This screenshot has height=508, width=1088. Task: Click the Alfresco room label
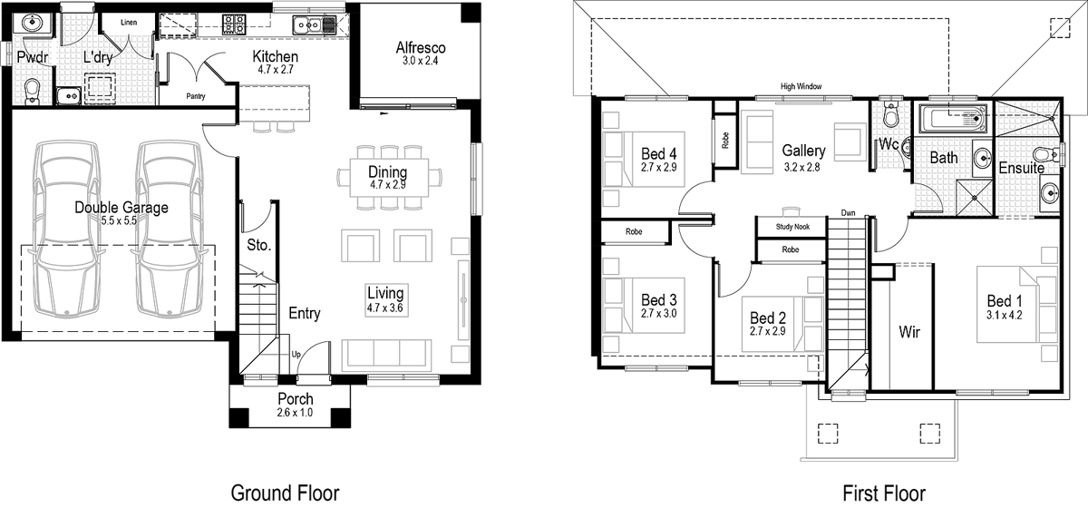point(421,48)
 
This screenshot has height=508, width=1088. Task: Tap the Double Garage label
point(121,208)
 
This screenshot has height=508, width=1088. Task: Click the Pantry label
point(195,95)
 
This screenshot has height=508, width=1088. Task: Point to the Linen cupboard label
point(128,21)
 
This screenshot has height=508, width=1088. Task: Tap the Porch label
point(296,399)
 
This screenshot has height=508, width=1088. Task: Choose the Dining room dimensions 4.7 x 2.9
point(387,185)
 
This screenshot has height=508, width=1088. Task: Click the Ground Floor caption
point(285,493)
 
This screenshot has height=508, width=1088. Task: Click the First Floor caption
point(884,493)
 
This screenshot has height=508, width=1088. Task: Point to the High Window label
point(801,86)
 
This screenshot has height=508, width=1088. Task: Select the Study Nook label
point(792,227)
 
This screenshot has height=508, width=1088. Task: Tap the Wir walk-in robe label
point(909,332)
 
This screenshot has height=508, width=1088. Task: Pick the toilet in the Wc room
point(889,116)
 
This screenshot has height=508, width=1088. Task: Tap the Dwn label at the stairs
point(848,213)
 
